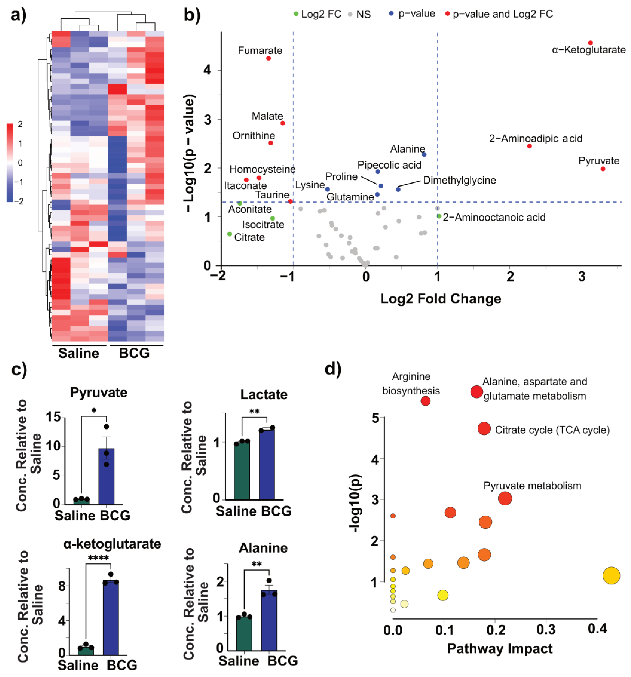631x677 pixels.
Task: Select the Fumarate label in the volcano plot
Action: [x=260, y=51]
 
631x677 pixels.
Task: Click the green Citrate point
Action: [x=229, y=234]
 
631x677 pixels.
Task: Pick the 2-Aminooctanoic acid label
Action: [x=494, y=217]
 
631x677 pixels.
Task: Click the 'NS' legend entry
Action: [x=363, y=14]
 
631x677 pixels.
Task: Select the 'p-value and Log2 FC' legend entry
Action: [x=503, y=14]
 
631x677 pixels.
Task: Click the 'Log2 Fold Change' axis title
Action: [x=440, y=299]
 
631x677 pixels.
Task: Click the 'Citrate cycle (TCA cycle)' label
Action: [x=552, y=430]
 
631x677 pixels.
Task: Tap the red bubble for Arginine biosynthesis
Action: [x=425, y=401]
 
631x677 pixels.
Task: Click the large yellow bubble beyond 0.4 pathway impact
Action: [x=611, y=576]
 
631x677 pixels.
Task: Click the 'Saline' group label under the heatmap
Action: [x=78, y=353]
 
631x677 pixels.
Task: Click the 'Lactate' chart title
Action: [x=263, y=394]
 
